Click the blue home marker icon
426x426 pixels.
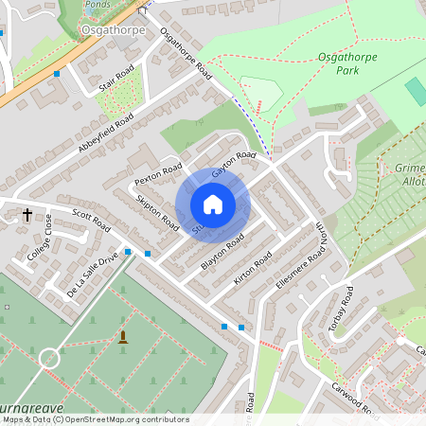(212, 204)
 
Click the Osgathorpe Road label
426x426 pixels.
(186, 53)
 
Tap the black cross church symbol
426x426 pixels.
(27, 215)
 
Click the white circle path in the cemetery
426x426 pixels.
(48, 358)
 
